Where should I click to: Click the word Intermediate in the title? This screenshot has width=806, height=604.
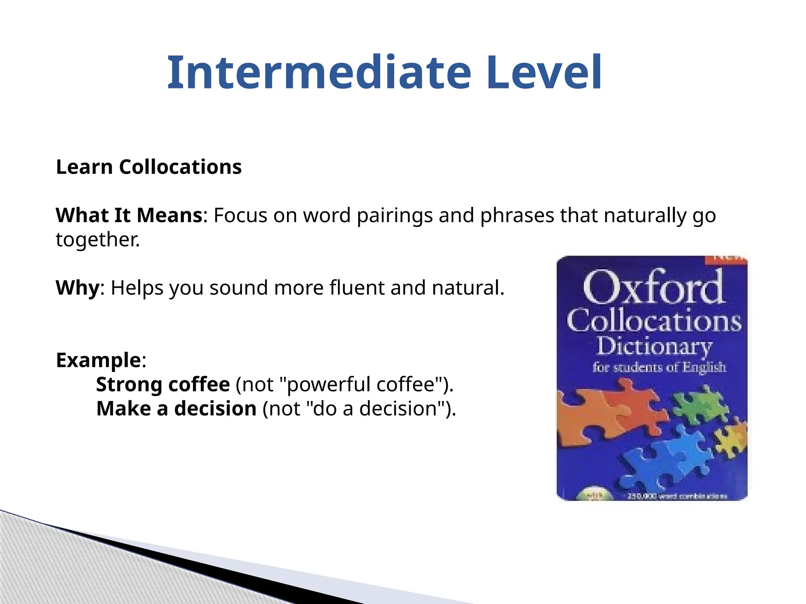(x=319, y=73)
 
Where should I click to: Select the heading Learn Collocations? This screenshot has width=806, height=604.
(x=149, y=167)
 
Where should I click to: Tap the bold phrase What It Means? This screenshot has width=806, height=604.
(x=129, y=215)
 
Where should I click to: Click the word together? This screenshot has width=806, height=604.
(x=97, y=240)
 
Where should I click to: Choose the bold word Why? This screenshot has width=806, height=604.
(x=78, y=288)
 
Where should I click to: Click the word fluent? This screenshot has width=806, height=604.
(x=357, y=288)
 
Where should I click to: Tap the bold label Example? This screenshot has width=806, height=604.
(x=98, y=360)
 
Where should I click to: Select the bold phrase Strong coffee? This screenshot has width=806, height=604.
(x=163, y=385)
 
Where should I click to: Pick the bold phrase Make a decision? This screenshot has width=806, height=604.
(x=176, y=409)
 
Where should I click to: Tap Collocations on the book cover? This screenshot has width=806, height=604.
(x=653, y=320)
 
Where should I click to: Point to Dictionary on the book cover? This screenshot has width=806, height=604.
(x=654, y=346)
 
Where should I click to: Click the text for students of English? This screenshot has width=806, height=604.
(x=659, y=368)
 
